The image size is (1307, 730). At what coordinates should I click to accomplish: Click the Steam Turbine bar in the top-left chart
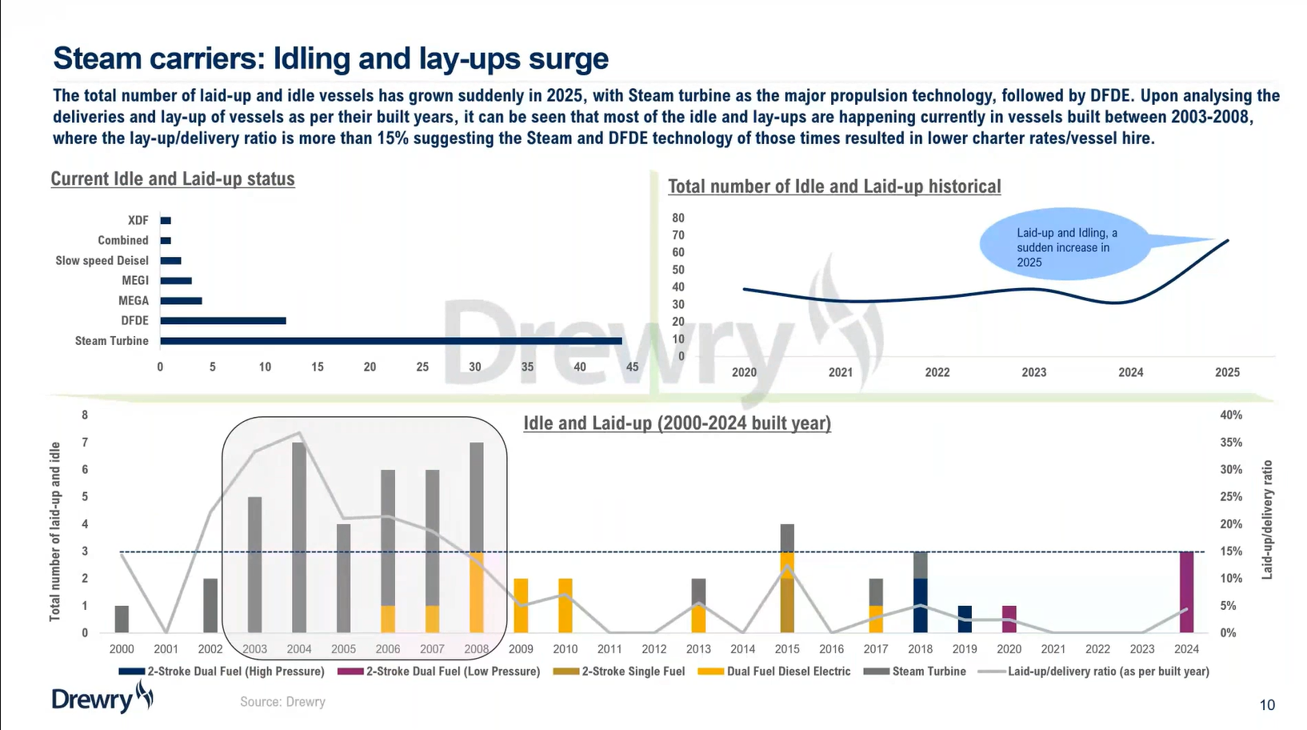tap(390, 341)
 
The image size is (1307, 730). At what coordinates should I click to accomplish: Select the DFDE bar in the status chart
tap(222, 321)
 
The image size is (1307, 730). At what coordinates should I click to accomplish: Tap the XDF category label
tap(138, 220)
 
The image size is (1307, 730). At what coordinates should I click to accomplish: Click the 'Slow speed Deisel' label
tap(102, 260)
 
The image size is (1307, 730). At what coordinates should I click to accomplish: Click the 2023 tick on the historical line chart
tap(1033, 372)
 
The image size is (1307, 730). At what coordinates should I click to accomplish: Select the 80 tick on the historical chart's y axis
tap(677, 218)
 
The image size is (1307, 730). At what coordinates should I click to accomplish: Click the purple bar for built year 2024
tap(1186, 592)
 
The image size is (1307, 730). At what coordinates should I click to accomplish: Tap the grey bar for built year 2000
tap(122, 619)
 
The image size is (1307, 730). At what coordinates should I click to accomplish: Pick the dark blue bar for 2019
tap(965, 619)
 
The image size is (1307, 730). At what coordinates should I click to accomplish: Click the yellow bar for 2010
tap(566, 605)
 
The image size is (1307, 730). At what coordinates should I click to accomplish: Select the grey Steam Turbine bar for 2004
tap(299, 537)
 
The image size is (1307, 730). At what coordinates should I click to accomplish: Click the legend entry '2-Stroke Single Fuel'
tap(632, 672)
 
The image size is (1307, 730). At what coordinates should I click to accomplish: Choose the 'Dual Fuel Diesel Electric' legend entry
tap(788, 672)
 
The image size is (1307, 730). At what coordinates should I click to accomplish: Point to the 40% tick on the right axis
tap(1230, 415)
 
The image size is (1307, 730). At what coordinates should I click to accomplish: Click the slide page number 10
tap(1267, 705)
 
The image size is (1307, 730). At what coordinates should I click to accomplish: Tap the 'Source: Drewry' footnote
tap(282, 702)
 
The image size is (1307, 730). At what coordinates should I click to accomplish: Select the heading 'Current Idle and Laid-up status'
tap(173, 178)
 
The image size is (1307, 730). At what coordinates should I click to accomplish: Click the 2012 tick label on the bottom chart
tap(653, 649)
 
